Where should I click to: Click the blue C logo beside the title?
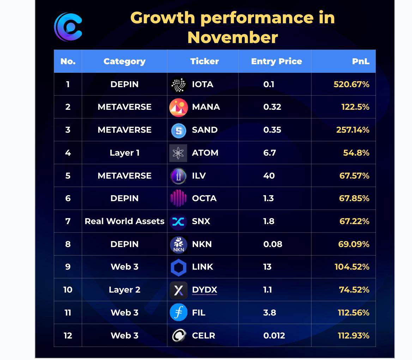(68, 26)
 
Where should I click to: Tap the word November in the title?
(232, 37)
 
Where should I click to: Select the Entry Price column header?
(276, 61)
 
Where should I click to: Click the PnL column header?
(360, 61)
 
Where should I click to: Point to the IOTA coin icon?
(178, 85)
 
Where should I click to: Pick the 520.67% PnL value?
(351, 84)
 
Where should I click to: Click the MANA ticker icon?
(178, 107)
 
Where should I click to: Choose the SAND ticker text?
(205, 130)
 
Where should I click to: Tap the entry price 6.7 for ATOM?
(269, 153)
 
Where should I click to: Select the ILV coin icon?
(178, 176)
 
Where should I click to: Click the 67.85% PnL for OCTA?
(354, 198)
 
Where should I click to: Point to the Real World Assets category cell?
(125, 221)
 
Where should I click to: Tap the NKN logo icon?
(178, 244)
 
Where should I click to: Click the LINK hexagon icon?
(178, 268)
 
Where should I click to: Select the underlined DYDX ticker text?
(205, 290)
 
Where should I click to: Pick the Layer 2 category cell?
(125, 290)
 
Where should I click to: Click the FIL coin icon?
(178, 313)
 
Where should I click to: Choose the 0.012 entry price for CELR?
(274, 336)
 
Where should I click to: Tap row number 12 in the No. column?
(68, 336)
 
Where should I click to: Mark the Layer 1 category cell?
(125, 153)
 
